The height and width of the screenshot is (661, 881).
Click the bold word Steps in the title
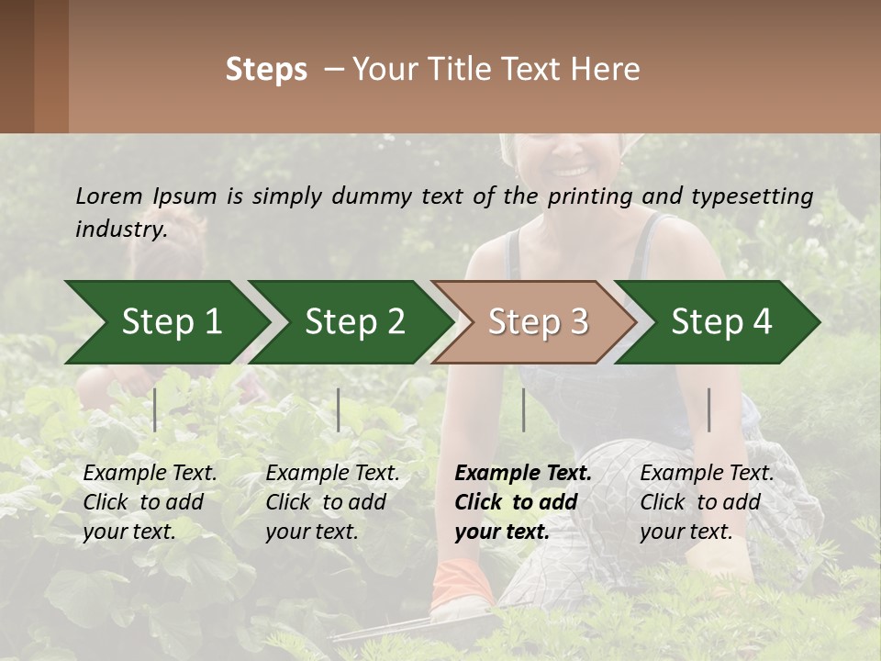coord(266,70)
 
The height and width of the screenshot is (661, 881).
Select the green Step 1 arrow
coord(165,322)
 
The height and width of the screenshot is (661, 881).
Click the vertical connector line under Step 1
coord(155,409)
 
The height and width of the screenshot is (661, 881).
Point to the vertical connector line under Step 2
coord(339,409)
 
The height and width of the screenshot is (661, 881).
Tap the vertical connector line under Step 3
coord(523,409)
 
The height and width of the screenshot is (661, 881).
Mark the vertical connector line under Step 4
coord(709,409)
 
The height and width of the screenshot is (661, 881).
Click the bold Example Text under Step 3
coord(523,474)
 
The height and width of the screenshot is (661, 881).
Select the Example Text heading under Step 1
coord(151,474)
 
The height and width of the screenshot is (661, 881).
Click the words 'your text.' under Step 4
coord(686,532)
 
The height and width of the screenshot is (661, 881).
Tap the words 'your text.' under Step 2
coord(312,532)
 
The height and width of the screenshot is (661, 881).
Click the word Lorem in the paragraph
coord(109,196)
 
